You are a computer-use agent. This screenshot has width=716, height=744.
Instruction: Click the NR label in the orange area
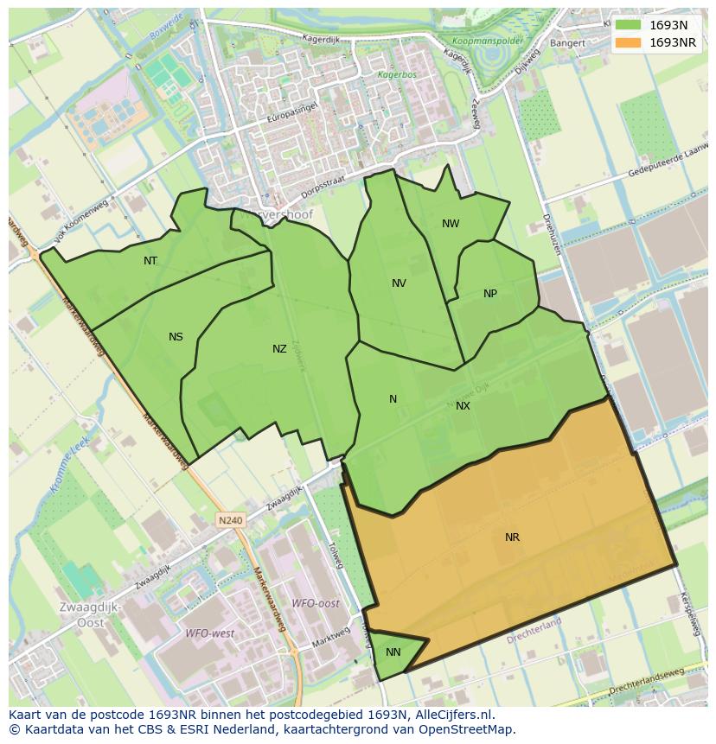[x=512, y=537]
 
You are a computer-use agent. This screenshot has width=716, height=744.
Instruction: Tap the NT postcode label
[x=150, y=261]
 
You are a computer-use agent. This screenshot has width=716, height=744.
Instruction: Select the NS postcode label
[x=176, y=337]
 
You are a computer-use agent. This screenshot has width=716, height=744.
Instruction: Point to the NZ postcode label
[x=279, y=349]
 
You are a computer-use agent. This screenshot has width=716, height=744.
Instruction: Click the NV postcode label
[x=399, y=283]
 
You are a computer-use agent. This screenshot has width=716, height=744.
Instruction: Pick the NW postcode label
[x=451, y=224]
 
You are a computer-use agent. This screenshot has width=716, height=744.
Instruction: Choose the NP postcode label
[x=490, y=294]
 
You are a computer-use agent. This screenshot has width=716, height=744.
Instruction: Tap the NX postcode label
[x=463, y=406]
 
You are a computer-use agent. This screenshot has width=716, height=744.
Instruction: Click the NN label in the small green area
[x=393, y=652]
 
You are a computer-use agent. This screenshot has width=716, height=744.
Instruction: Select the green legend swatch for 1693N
[x=630, y=26]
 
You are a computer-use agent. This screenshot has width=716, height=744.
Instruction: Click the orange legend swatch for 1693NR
[x=630, y=42]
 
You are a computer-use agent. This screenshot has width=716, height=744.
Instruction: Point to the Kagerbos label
[x=396, y=75]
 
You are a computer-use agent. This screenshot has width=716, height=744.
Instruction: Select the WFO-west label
[x=210, y=633]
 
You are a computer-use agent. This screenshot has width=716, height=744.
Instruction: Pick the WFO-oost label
[x=315, y=603]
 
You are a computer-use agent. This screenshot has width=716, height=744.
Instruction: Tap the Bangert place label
[x=567, y=42]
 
